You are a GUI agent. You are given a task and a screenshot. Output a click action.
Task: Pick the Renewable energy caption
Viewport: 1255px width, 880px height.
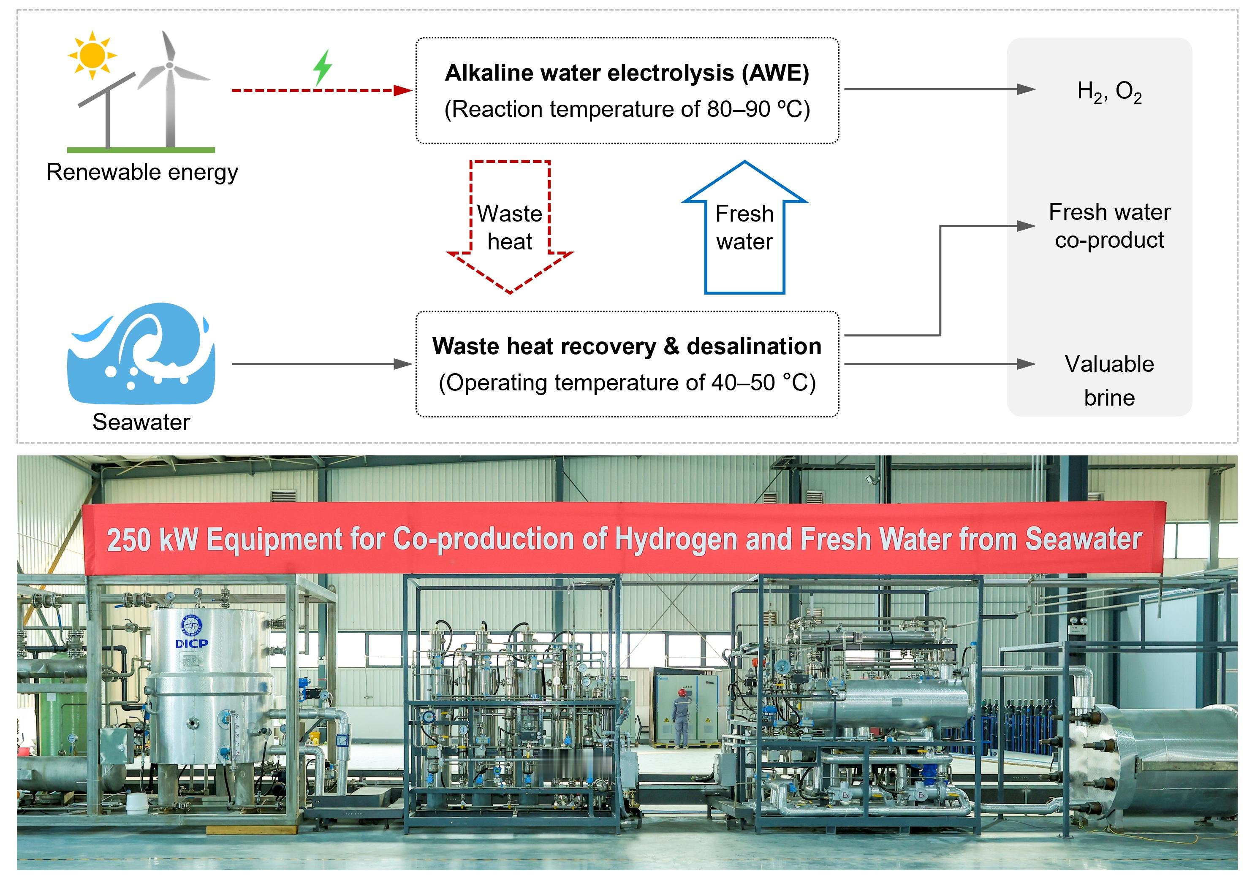[142, 172]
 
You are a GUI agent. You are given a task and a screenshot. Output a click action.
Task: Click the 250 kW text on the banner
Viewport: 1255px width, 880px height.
[152, 540]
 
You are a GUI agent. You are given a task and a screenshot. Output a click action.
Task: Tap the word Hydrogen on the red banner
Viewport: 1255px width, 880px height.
[676, 539]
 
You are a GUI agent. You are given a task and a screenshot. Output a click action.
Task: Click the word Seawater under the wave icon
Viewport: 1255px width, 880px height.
[141, 422]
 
